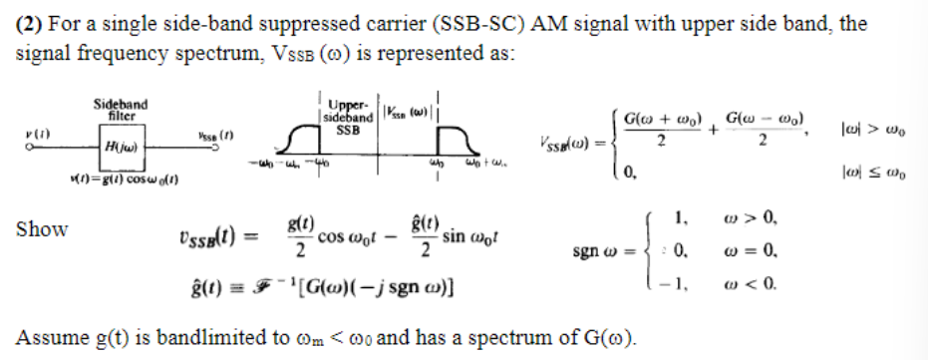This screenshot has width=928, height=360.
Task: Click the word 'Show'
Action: pos(43,229)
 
